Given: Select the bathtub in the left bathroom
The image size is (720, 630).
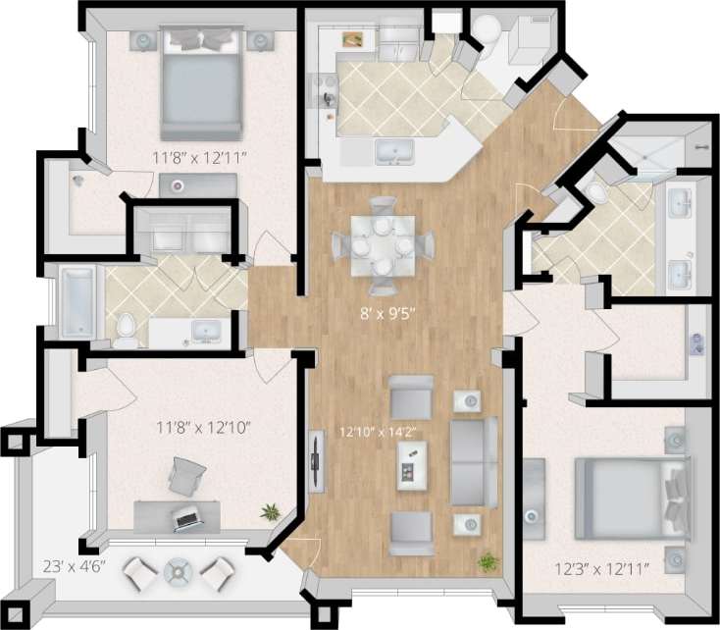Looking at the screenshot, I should pyautogui.click(x=76, y=302).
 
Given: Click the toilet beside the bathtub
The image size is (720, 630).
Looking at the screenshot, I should pyautogui.click(x=126, y=330).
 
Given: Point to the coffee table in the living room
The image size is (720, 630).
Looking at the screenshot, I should pyautogui.click(x=412, y=463).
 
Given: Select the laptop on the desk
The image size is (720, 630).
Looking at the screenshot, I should pyautogui.click(x=186, y=519).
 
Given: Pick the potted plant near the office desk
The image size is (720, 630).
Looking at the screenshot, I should pyautogui.click(x=269, y=511).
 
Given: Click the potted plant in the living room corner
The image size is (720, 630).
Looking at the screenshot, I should pyautogui.click(x=486, y=562).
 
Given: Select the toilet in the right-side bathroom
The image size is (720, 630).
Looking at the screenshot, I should pyautogui.click(x=598, y=191).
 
